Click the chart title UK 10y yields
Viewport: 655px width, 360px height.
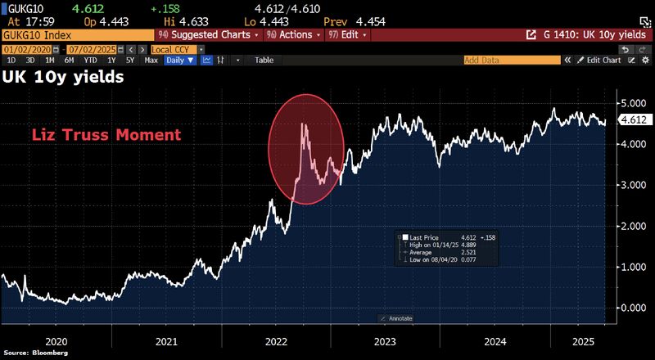point(64,78)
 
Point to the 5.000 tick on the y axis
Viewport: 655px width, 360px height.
point(633,103)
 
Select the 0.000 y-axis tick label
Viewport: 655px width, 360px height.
point(633,308)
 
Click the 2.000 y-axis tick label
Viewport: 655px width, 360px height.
point(633,226)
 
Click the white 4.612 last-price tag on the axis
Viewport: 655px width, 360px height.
point(634,119)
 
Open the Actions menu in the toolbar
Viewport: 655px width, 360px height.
point(292,35)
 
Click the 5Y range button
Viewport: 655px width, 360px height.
point(130,60)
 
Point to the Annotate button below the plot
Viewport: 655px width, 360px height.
point(399,317)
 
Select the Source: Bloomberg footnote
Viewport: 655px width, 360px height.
point(34,353)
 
